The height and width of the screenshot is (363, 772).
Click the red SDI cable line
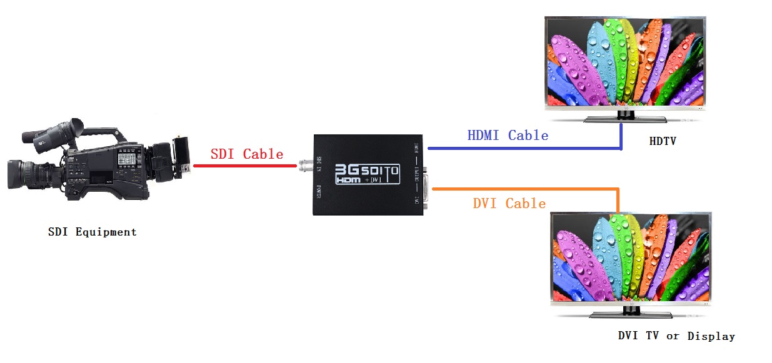244,166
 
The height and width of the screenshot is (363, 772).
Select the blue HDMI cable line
525,149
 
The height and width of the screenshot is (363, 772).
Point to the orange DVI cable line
525,189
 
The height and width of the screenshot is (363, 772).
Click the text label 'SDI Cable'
247,154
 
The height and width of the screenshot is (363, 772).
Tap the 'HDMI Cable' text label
508,135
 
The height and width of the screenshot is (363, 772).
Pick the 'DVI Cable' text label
508,203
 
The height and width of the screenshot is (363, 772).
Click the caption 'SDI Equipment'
93,232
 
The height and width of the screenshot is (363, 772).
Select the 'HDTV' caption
663,142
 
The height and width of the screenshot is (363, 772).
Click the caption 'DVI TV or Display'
676,336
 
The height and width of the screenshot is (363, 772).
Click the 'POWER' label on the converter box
319,191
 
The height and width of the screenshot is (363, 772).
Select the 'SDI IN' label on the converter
319,164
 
